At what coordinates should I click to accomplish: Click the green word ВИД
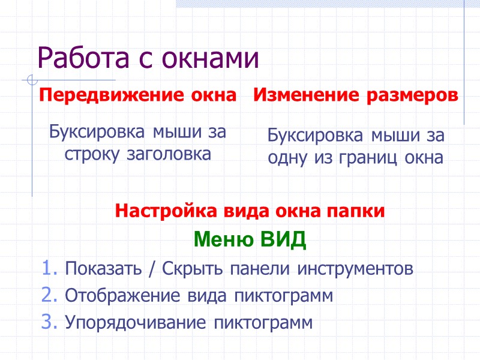coord(283,241)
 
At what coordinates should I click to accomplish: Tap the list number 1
coord(50,269)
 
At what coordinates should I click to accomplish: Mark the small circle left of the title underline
coord(31,80)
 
